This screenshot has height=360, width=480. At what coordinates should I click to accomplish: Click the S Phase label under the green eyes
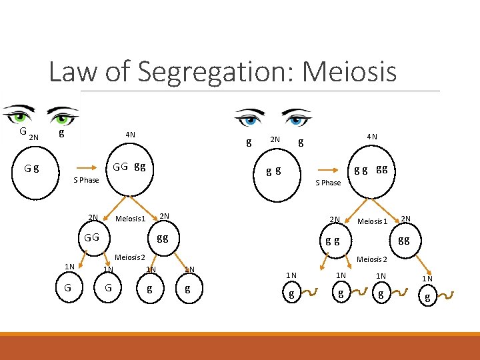click(x=85, y=180)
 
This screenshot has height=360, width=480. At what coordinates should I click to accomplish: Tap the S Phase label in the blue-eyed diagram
click(x=328, y=183)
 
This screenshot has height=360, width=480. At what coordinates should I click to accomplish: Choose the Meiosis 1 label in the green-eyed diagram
click(x=130, y=219)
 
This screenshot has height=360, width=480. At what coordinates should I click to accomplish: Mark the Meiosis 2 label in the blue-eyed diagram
click(x=372, y=259)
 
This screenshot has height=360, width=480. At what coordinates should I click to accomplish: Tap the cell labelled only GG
click(x=92, y=237)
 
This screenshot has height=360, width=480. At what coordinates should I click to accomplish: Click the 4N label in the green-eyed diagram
click(x=130, y=135)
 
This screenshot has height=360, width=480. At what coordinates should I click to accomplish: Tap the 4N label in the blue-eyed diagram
click(x=371, y=137)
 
